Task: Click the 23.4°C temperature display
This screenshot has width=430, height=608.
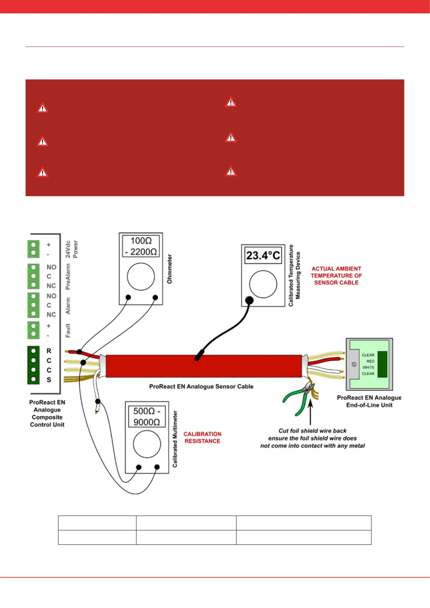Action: tap(263, 256)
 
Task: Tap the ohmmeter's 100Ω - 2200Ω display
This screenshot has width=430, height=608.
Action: tap(141, 246)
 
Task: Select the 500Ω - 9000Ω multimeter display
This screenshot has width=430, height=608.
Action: tap(147, 416)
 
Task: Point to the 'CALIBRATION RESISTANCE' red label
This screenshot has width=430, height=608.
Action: tap(202, 437)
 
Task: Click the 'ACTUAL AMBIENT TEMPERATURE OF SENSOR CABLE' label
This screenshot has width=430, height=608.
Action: tap(336, 275)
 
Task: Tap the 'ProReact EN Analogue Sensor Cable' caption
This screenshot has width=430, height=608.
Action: tap(201, 386)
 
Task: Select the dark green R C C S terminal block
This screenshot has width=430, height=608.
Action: tap(33, 365)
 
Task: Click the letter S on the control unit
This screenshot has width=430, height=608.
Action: tap(49, 380)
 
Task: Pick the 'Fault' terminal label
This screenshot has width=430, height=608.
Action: tap(68, 330)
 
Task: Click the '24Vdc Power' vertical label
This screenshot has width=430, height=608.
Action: tap(71, 249)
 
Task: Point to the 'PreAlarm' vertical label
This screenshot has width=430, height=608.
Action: tap(68, 277)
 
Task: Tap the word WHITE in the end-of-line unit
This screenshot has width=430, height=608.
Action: tap(368, 367)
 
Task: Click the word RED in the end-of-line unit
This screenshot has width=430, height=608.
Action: tap(370, 361)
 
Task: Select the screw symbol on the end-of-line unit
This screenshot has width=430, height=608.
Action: tap(354, 364)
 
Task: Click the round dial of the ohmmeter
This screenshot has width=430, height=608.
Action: tap(141, 277)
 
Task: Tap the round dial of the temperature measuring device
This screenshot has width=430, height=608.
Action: tap(263, 284)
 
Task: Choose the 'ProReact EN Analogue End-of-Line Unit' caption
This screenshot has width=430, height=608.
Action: tap(369, 401)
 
